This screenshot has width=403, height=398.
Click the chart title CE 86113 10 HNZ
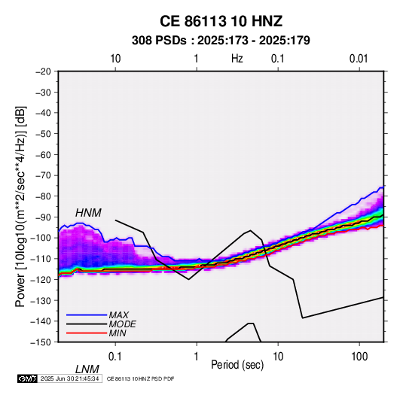pos(221,21)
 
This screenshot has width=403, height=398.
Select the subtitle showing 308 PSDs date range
pos(221,41)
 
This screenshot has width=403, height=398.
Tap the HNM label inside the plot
pos(88,213)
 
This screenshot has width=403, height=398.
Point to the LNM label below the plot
pos(87,369)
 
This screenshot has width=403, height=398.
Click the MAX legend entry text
pos(118,314)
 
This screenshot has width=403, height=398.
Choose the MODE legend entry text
pos(122,324)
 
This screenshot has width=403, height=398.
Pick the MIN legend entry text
pos(118,333)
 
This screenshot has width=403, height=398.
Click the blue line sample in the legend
pos(87,315)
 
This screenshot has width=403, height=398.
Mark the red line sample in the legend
pos(87,333)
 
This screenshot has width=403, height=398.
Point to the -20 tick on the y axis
pos(43,71)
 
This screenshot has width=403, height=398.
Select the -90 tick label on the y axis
pos(43,217)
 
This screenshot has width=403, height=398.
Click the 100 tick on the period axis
pos(359,357)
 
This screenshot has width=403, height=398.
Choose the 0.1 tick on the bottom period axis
pos(115,357)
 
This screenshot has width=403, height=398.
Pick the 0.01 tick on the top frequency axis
pos(359,59)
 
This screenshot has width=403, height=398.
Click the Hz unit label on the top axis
pos(237,59)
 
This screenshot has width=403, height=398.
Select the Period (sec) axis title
pos(237,365)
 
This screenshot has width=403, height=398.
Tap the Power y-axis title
pos(20,207)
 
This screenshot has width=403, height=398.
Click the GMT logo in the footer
pos(27,378)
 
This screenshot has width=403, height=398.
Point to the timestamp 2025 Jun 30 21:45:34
pos(69,378)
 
